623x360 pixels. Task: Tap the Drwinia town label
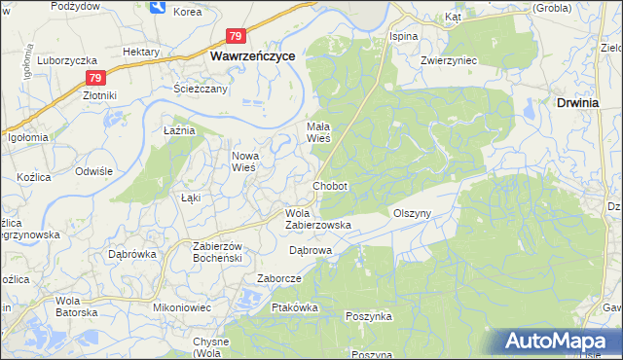[x=581, y=101]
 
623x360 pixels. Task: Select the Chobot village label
[x=330, y=185]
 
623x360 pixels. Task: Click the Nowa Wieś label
[x=242, y=161]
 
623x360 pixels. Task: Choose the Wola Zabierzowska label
[x=317, y=219]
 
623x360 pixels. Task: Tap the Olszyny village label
[x=411, y=212]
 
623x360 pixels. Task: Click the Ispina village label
[x=403, y=36]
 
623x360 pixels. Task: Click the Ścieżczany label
[x=200, y=89]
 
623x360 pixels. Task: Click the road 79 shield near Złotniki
[x=93, y=78]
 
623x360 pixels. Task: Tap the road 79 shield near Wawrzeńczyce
[x=235, y=36]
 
